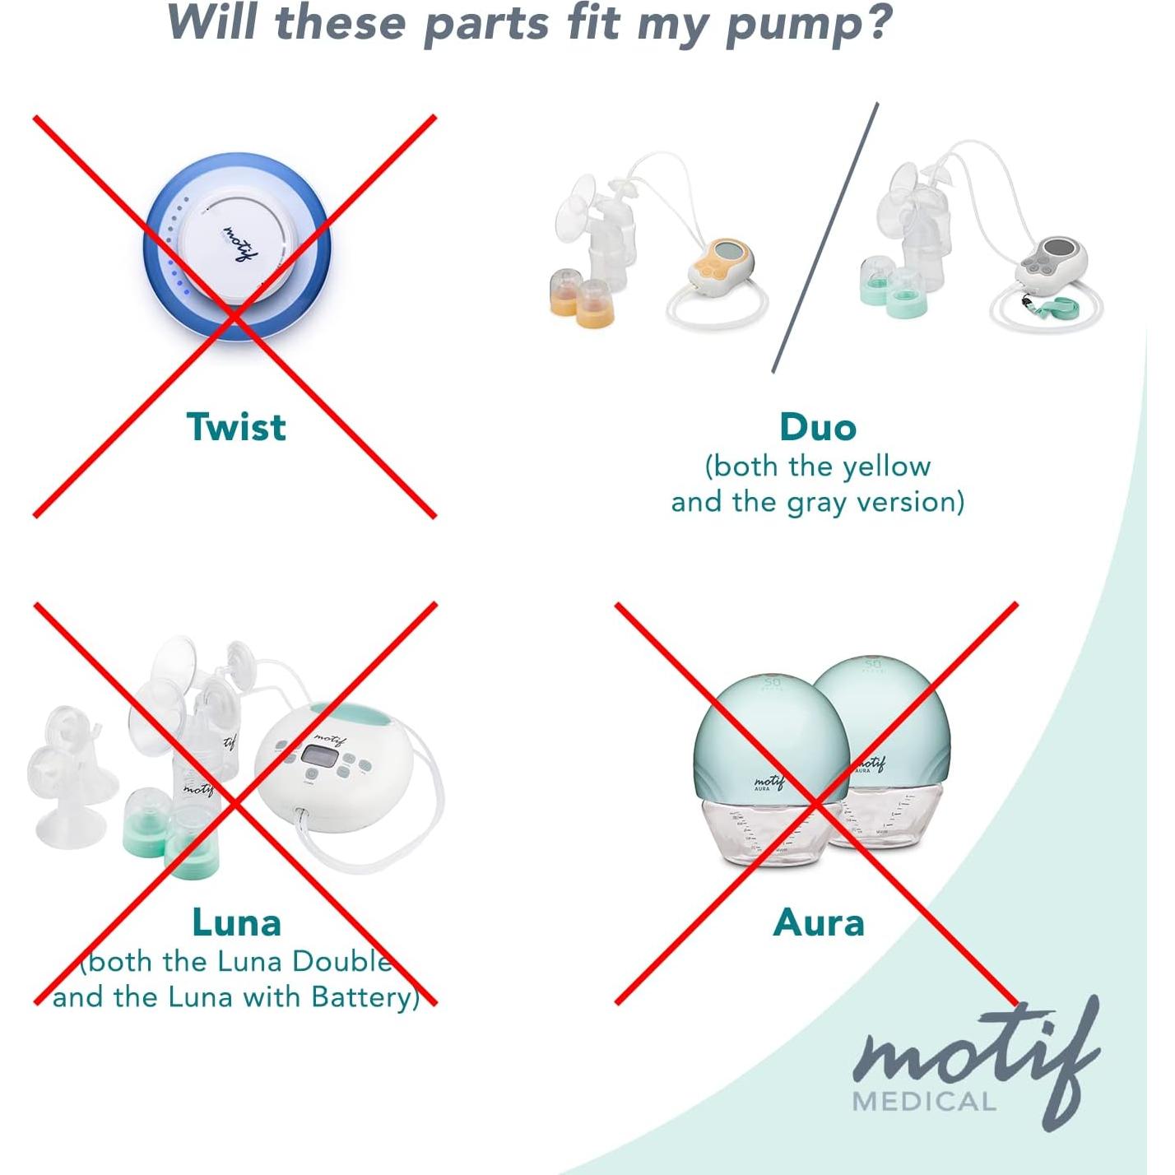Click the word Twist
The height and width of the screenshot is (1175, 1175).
[x=236, y=426]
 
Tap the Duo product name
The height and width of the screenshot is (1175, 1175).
[x=817, y=427]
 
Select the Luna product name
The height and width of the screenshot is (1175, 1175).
[x=236, y=922]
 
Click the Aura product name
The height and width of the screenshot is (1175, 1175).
[x=819, y=922]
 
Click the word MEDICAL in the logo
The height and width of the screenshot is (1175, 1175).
[x=924, y=1102]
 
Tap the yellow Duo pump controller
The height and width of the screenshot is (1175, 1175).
[x=721, y=264]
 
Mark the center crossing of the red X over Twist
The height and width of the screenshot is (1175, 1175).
[x=235, y=317]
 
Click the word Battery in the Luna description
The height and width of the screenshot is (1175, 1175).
[x=363, y=997]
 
